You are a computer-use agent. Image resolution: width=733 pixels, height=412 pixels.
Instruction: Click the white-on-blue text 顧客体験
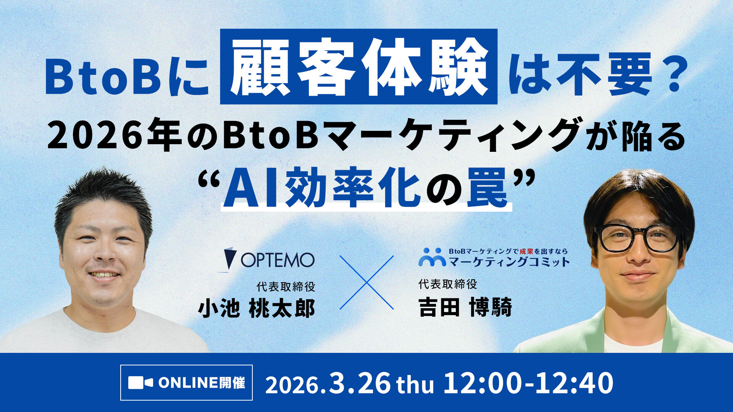[358, 67]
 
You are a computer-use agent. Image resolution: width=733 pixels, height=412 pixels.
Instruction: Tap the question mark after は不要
[670, 76]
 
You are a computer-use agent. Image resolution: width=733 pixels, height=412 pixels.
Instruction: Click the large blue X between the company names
[366, 282]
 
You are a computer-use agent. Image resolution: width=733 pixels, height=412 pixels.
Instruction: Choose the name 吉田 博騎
[465, 307]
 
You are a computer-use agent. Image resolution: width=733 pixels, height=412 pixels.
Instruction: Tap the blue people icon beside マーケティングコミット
[432, 257]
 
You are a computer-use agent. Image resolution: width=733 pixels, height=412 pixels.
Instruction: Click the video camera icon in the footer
[140, 383]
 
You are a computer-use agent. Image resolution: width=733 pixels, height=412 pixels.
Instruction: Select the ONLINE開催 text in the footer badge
[202, 383]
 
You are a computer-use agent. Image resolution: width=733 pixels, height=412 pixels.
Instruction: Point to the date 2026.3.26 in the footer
[328, 383]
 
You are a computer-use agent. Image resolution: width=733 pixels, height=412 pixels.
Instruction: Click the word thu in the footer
[415, 385]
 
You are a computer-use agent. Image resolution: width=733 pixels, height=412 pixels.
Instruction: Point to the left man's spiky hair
[103, 191]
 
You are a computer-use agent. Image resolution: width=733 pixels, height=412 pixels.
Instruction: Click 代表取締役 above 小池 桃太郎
[286, 286]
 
